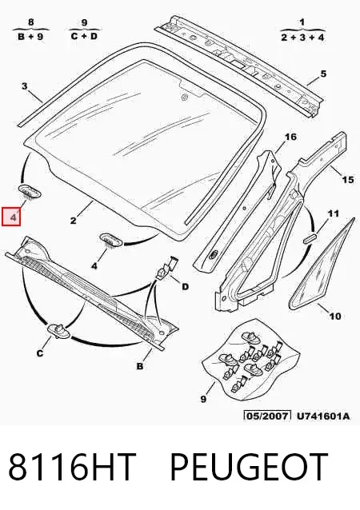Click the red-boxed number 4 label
pos(11,217)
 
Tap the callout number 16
pos(290,137)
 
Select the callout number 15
pos(348,179)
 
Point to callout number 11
pos(333,213)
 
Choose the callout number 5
pos(323,74)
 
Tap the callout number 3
pos(25,86)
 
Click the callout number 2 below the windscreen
pos(74,221)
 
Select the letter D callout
pos(185,286)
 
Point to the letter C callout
pos(40,353)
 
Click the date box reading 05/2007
pos(267,416)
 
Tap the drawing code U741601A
pos(323,416)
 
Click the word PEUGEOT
pos(249,467)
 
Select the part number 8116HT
pos(72,467)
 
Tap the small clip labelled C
pos(58,331)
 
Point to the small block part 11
pos(310,237)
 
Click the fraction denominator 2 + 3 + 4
pos(302,38)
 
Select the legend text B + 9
pos(31,36)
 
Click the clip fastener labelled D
pos(167,268)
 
